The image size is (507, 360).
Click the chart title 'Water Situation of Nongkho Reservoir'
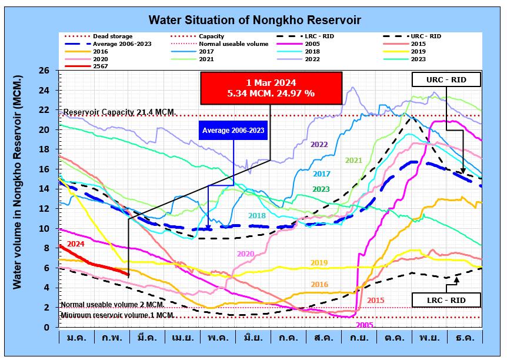(x=255, y=21)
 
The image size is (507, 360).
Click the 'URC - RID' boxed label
(x=445, y=79)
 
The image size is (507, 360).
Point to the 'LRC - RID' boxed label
(x=445, y=300)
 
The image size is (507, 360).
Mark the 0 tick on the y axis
(x=51, y=327)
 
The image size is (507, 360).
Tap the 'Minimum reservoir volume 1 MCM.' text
(x=118, y=315)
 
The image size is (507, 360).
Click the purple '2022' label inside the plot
(x=319, y=144)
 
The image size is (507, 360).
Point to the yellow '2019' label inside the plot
(x=319, y=263)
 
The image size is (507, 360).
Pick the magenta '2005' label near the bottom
(x=365, y=324)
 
